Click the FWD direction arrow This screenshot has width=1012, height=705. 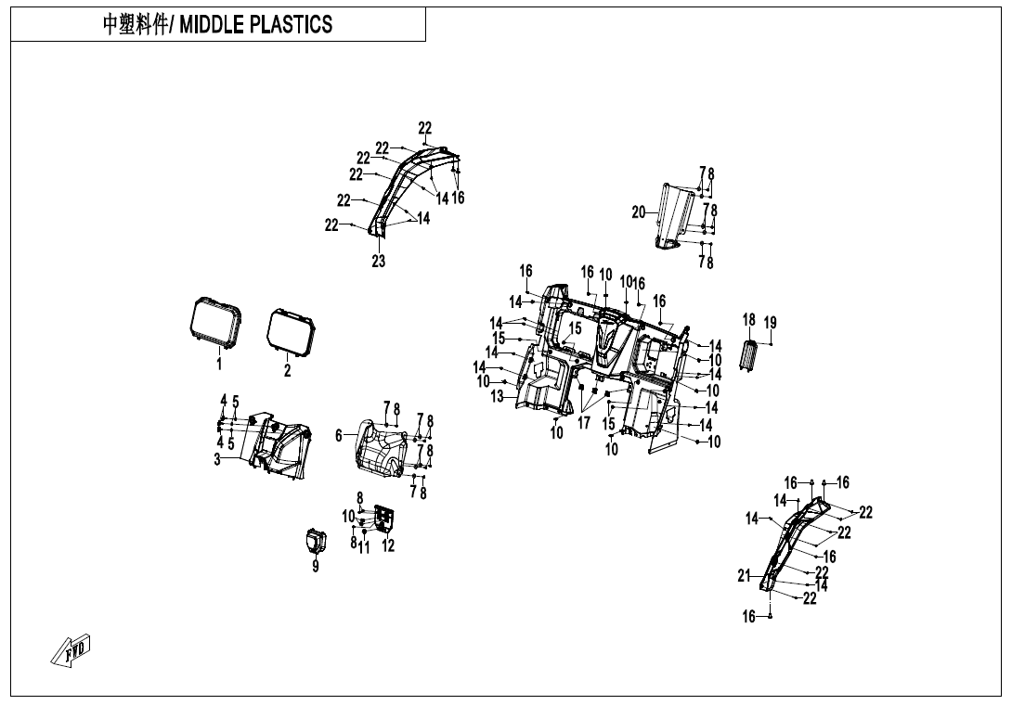[x=71, y=650]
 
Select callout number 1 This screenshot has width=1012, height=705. [x=219, y=365]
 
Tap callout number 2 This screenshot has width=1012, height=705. [x=287, y=370]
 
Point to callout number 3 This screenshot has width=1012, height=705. [x=217, y=459]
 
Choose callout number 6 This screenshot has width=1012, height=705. [x=339, y=434]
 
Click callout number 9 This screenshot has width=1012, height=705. [x=316, y=567]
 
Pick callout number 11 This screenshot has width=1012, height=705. [x=365, y=548]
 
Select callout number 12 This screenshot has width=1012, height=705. [x=388, y=546]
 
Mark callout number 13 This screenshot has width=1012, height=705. [x=498, y=396]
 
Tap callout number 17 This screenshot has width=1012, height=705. [x=584, y=423]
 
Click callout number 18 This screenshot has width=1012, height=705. [x=749, y=320]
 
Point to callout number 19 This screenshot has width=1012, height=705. [x=770, y=322]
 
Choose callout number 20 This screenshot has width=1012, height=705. [x=639, y=212]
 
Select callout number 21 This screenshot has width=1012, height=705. [x=744, y=576]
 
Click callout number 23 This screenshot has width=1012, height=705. [x=379, y=262]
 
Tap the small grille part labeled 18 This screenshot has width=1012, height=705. [x=749, y=354]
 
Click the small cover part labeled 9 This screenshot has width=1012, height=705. [x=315, y=540]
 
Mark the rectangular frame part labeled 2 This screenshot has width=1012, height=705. [x=290, y=331]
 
